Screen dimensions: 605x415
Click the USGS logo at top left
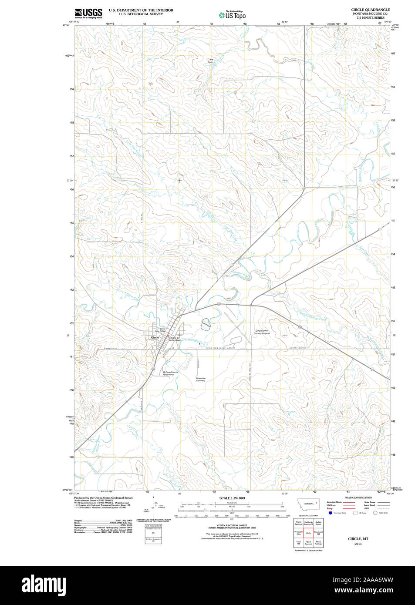coord(88,13)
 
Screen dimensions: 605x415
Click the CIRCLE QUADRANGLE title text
coord(370,10)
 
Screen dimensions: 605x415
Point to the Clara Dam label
coord(210,61)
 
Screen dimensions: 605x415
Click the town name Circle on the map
coord(155,338)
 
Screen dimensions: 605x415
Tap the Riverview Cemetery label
coord(200,380)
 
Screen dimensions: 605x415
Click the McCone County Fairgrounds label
coord(170,373)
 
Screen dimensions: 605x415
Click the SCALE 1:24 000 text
coord(232,498)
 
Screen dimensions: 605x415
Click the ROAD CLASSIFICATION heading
coord(358,497)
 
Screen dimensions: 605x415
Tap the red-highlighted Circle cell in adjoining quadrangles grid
coord(308,533)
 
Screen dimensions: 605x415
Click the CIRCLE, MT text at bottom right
coord(358,539)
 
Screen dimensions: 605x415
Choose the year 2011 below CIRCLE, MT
coord(358,544)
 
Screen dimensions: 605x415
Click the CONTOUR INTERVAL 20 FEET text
coord(232,525)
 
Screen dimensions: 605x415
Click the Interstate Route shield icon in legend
coord(330,513)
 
